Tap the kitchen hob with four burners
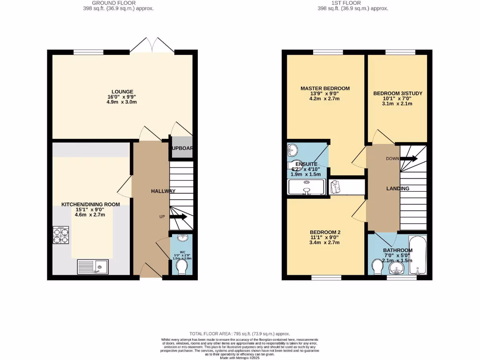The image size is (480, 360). [x=60, y=236]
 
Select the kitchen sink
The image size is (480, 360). [x=92, y=267]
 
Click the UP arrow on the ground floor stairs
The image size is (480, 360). [x=178, y=217]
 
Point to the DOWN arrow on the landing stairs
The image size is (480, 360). [x=408, y=158]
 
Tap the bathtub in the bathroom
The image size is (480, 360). [x=417, y=256]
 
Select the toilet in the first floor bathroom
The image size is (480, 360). [x=377, y=267]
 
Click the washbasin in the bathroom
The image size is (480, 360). [x=397, y=269]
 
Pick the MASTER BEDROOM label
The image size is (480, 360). [x=325, y=88]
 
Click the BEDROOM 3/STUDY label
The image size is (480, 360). [x=397, y=93]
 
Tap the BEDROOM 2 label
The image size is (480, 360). [x=325, y=232]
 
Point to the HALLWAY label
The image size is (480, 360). [x=163, y=191]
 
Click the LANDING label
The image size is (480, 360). [x=397, y=188]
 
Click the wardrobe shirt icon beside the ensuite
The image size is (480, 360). [x=336, y=187]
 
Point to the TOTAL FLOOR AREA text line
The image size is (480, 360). [x=240, y=333]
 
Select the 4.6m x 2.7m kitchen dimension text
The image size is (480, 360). [x=90, y=215]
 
